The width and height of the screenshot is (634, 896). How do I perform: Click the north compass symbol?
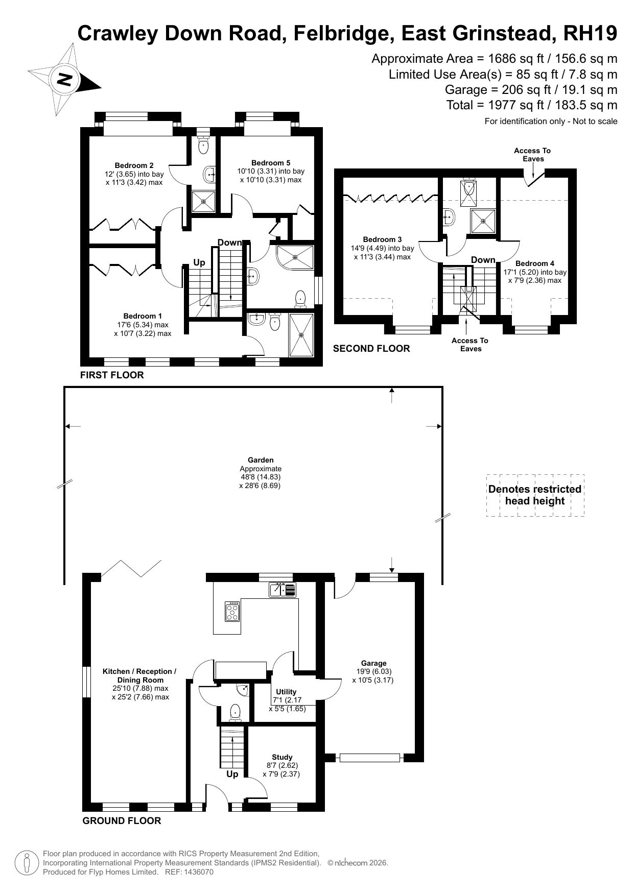tap(65, 80)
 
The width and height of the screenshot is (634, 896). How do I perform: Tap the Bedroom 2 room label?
tap(134, 165)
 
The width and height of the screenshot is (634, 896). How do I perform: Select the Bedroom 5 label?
tap(271, 163)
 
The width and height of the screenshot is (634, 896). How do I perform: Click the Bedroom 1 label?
tap(143, 316)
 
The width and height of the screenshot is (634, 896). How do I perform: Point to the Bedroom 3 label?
tap(382, 239)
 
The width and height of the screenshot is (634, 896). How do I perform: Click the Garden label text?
tap(261, 460)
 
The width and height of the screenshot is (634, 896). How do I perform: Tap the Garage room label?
tap(373, 663)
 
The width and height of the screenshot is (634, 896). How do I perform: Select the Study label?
tap(282, 757)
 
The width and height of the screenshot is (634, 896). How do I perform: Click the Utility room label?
tap(286, 692)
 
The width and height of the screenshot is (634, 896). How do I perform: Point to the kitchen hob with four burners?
tap(232, 611)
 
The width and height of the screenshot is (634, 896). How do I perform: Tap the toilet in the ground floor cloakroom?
tap(235, 712)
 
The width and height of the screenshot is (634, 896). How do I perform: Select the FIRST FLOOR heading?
tap(112, 375)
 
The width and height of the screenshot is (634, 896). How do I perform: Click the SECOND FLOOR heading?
tap(371, 349)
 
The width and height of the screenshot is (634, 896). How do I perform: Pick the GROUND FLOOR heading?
tap(122, 821)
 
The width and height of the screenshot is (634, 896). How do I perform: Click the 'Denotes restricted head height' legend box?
tap(535, 495)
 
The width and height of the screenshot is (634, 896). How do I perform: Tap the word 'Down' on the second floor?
tap(483, 260)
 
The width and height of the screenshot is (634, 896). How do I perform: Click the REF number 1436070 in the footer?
tap(198, 872)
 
